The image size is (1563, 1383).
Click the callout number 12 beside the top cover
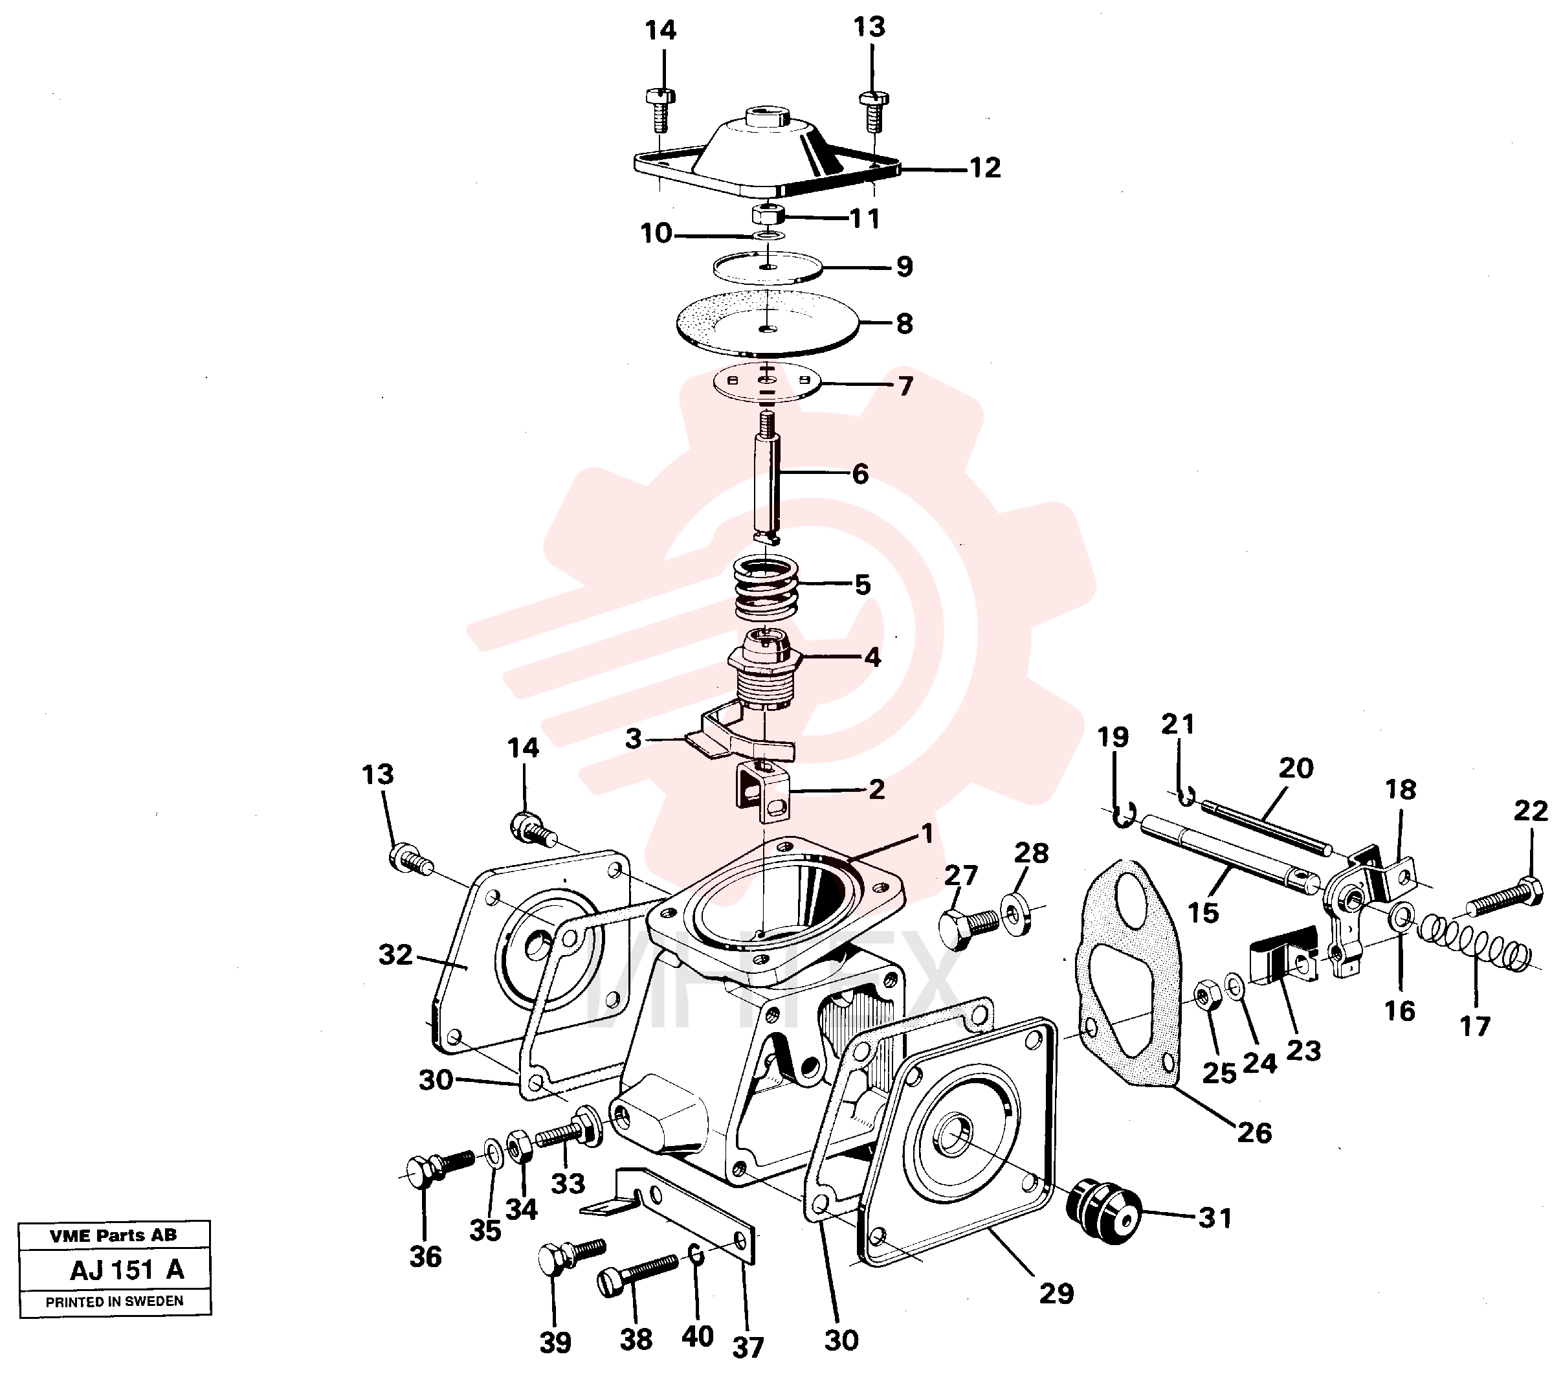[985, 168]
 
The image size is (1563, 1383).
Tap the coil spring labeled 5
[766, 589]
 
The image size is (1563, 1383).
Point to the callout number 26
[1254, 1132]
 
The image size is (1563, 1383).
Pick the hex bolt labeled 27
[968, 928]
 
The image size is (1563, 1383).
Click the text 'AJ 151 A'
[127, 1270]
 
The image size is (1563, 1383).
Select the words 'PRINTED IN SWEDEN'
[115, 1301]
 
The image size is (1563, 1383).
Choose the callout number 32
[395, 954]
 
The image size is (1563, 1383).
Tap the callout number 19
[1113, 737]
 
